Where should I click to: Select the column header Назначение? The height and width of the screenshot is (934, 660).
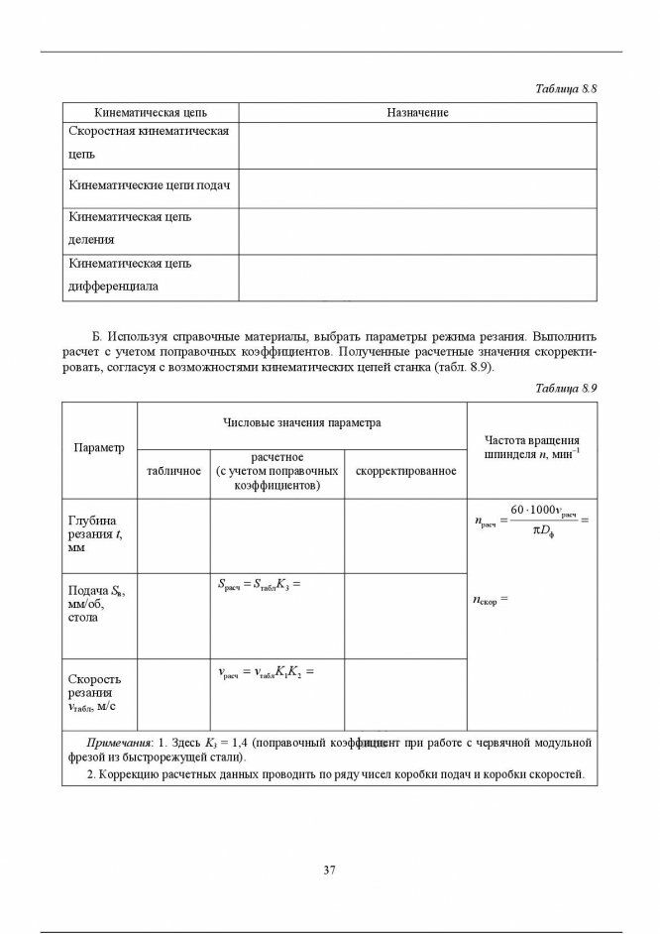[417, 113]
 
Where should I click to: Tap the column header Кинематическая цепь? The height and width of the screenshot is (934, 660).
[151, 113]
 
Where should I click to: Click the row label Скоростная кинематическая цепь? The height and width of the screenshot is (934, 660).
[149, 143]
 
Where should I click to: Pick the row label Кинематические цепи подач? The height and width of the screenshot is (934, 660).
[149, 185]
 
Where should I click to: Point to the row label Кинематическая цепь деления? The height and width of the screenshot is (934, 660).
[130, 227]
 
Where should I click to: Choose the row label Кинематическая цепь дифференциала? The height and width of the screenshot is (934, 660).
[130, 275]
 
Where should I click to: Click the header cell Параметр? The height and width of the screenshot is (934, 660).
[99, 447]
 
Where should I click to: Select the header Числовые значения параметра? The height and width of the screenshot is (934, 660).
[302, 422]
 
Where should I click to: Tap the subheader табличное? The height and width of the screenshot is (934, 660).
[173, 470]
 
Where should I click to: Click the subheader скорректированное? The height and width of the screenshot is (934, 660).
[405, 470]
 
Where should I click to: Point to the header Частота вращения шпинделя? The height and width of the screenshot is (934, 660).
[532, 447]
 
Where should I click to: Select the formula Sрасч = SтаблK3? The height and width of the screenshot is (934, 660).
[258, 585]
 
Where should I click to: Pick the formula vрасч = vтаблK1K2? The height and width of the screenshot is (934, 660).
[265, 671]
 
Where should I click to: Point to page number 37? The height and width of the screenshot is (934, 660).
[330, 871]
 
